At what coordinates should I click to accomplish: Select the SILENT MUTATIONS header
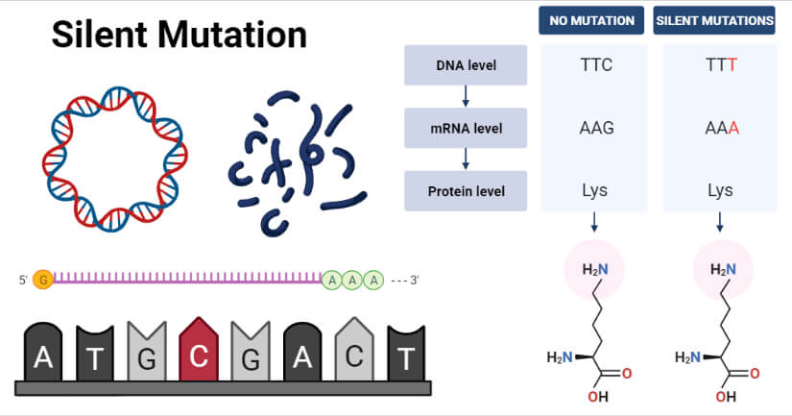pos(714,20)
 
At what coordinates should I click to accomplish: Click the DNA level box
pos(465,65)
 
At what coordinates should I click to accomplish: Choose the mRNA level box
pos(465,128)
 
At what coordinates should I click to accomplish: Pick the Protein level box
pos(465,190)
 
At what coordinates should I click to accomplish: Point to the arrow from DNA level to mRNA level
pos(465,96)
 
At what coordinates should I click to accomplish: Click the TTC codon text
pos(595,66)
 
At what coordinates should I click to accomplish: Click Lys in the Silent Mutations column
pos(720,190)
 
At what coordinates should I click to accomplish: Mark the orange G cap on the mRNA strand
pos(42,280)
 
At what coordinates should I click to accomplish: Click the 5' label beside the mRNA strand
pos(22,280)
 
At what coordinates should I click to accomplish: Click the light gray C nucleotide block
pos(354,352)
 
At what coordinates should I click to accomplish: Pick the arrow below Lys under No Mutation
pos(595,223)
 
